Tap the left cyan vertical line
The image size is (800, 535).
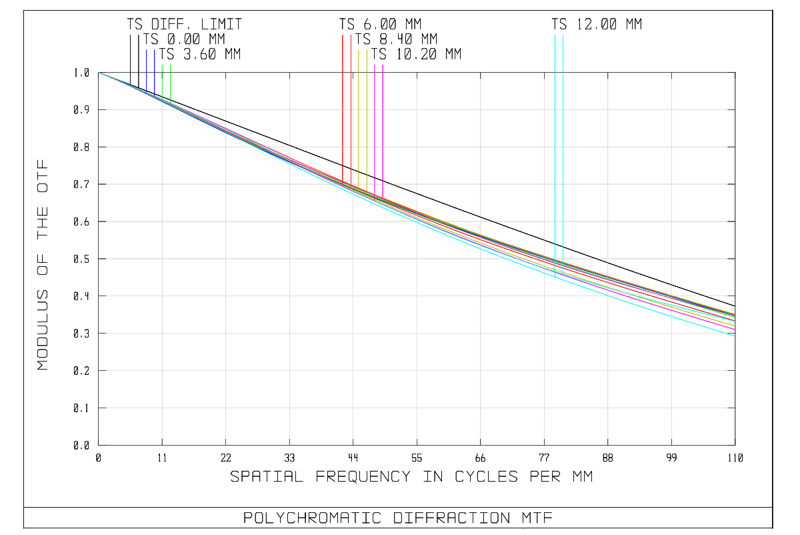555,133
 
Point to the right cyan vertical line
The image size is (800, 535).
563,133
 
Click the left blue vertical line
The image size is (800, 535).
147,67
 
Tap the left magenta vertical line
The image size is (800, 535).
375,127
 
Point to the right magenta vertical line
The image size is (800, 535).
383,127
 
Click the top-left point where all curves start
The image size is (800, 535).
99,72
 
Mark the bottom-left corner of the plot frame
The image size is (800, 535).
99,445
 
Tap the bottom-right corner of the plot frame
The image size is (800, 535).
735,445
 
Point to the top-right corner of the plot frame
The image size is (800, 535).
735,72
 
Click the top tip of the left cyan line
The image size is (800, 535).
555,35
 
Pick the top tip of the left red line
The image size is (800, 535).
343,35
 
